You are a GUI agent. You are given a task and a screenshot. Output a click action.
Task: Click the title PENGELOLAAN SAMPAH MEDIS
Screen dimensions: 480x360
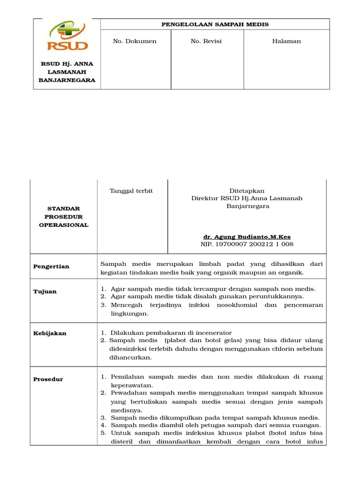pyautogui.click(x=215, y=24)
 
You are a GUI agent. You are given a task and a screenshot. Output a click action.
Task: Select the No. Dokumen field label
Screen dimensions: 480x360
pyautogui.click(x=135, y=41)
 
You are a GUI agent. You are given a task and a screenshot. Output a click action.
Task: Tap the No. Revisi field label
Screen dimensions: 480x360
pyautogui.click(x=206, y=41)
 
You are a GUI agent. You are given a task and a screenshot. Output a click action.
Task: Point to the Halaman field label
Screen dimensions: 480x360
pyautogui.click(x=286, y=41)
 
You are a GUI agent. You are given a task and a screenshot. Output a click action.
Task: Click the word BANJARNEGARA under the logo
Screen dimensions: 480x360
pyautogui.click(x=67, y=80)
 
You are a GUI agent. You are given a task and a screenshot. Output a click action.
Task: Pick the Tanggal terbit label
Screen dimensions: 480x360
pyautogui.click(x=131, y=191)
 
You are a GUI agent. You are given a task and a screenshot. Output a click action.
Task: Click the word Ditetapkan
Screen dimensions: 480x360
pyautogui.click(x=247, y=191)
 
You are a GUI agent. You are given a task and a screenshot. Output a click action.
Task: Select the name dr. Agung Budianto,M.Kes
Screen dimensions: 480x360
pyautogui.click(x=247, y=237)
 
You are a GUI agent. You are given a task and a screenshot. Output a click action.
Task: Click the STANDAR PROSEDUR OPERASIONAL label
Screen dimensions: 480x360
pyautogui.click(x=63, y=217)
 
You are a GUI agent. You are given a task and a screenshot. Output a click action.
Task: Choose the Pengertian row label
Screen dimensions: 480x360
pyautogui.click(x=51, y=266)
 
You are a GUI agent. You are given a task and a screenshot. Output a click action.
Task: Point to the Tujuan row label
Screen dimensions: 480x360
pyautogui.click(x=45, y=292)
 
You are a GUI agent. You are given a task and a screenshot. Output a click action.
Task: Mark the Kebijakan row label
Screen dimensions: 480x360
pyautogui.click(x=50, y=333)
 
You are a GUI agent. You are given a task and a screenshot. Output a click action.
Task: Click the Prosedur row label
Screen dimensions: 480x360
pyautogui.click(x=48, y=379)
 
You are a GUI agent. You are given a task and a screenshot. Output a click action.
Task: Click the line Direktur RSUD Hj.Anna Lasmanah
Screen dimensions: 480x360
pyautogui.click(x=247, y=198)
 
